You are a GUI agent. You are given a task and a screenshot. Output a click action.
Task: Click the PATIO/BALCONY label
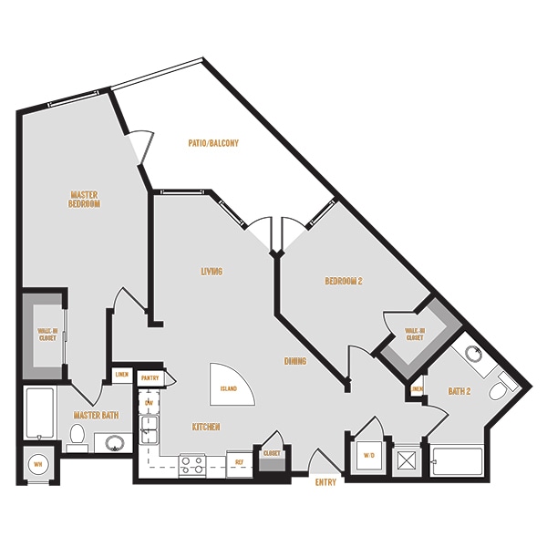pos(214,143)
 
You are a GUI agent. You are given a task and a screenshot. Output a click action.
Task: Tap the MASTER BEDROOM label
pos(84,199)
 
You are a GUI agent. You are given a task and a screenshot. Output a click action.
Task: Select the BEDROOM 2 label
pos(344,281)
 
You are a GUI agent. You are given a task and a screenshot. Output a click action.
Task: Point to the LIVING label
pos(212,271)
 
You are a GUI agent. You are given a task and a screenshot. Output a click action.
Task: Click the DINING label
pos(294,361)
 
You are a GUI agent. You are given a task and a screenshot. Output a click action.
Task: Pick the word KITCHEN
pos(205,426)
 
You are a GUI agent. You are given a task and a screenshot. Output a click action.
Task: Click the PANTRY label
pos(150,377)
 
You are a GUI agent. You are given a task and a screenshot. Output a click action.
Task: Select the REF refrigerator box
pos(239,462)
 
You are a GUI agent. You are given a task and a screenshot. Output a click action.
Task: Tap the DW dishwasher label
pos(149,402)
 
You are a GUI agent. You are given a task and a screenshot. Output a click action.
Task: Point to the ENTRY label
pos(325,481)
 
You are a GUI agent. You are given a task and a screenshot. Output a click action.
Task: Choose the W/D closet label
pos(368,454)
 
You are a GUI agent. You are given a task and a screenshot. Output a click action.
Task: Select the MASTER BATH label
pos(96,416)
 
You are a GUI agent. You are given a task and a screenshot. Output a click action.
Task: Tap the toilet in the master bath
pos(77,434)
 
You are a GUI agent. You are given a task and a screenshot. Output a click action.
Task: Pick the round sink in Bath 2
pos(473,355)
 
